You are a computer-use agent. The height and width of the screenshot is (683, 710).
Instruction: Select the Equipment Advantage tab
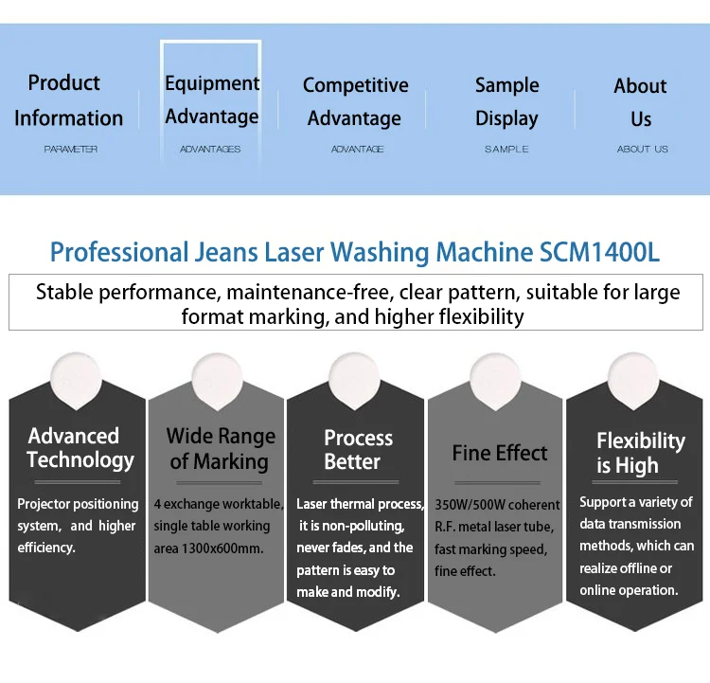(x=211, y=99)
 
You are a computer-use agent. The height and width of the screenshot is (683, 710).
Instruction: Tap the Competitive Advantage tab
(x=355, y=101)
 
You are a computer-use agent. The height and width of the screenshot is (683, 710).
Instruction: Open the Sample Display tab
(x=506, y=101)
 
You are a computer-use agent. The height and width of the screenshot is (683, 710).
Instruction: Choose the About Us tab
(x=641, y=102)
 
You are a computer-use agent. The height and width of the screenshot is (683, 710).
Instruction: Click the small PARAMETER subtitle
(x=70, y=150)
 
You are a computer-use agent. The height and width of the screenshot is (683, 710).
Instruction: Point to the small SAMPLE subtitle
(x=506, y=150)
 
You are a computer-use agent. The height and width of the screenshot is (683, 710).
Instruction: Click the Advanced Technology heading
(x=80, y=448)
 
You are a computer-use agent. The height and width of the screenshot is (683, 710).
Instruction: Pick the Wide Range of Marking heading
(x=221, y=449)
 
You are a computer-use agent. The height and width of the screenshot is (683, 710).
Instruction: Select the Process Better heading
(x=358, y=450)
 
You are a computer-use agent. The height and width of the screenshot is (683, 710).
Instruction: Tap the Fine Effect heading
(x=500, y=453)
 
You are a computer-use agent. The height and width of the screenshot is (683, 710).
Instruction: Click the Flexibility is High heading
(x=640, y=453)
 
